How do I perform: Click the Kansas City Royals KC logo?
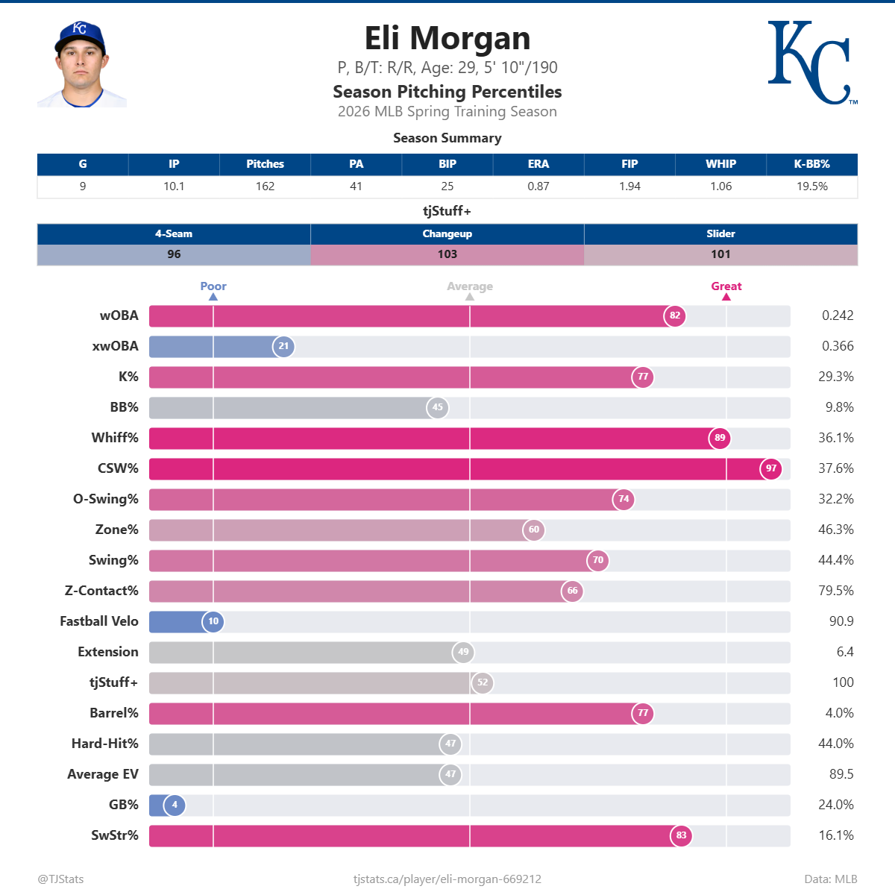point(811,63)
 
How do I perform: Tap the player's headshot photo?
point(81,65)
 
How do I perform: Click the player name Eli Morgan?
point(447,38)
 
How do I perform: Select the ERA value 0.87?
point(538,186)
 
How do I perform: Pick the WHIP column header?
point(720,164)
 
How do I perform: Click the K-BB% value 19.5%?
point(811,186)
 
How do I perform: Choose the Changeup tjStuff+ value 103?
point(447,254)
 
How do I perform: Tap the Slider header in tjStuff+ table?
point(720,233)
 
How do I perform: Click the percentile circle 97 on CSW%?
point(771,468)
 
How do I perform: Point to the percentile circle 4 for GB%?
point(175,805)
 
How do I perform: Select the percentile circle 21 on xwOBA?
point(283,346)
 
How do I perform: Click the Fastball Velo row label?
point(99,621)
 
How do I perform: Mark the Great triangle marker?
point(726,297)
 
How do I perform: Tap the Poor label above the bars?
point(213,286)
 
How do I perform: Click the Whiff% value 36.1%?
point(835,438)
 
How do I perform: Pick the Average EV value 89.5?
point(841,774)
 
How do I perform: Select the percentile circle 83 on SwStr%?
point(681,835)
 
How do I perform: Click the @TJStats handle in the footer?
point(60,879)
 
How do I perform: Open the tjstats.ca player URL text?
point(447,879)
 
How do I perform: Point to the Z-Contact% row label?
point(101,591)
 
